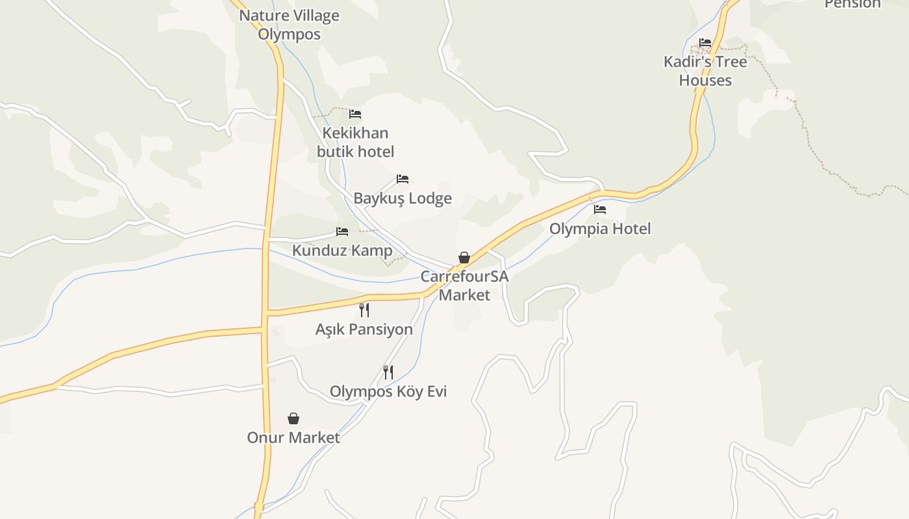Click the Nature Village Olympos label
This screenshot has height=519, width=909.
pyautogui.click(x=289, y=25)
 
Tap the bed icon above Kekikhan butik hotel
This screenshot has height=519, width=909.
pyautogui.click(x=355, y=114)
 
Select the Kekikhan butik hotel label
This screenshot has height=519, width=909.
pyautogui.click(x=355, y=142)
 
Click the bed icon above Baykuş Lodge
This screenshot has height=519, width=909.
pyautogui.click(x=403, y=179)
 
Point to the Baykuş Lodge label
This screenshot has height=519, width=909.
pyautogui.click(x=403, y=198)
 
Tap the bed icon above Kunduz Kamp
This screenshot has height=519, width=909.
pyautogui.click(x=342, y=232)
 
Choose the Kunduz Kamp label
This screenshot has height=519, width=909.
pyautogui.click(x=342, y=250)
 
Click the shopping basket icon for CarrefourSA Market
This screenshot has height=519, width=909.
pyautogui.click(x=464, y=258)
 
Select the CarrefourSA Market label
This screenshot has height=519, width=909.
pyautogui.click(x=464, y=285)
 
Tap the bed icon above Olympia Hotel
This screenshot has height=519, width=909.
pyautogui.click(x=600, y=210)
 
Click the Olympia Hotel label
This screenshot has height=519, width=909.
pyautogui.click(x=600, y=228)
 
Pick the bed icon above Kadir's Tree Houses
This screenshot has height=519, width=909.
pyautogui.click(x=705, y=43)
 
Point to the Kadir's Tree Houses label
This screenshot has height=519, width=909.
pyautogui.click(x=705, y=71)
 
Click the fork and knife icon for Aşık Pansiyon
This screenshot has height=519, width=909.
pyautogui.click(x=364, y=310)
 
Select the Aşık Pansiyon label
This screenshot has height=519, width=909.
pyautogui.click(x=364, y=329)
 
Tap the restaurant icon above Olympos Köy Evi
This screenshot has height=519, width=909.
pyautogui.click(x=388, y=372)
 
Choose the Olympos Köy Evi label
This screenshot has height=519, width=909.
pyautogui.click(x=388, y=391)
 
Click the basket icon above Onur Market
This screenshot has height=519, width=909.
pyautogui.click(x=293, y=418)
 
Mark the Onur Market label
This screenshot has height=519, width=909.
pyautogui.click(x=293, y=437)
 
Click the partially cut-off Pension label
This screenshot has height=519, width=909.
pyautogui.click(x=853, y=4)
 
